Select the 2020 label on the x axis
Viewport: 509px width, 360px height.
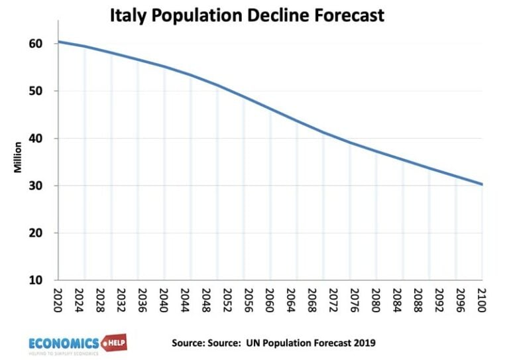(58, 298)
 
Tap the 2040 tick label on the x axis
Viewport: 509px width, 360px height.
(164, 298)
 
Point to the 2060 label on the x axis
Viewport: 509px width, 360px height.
(270, 298)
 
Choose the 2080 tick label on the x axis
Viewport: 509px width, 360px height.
(376, 298)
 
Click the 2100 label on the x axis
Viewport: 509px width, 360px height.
(482, 298)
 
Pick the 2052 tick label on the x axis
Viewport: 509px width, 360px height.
(217, 298)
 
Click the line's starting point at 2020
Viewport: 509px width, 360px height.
(58, 42)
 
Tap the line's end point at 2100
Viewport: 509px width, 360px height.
(482, 184)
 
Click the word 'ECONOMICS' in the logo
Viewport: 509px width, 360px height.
(64, 342)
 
